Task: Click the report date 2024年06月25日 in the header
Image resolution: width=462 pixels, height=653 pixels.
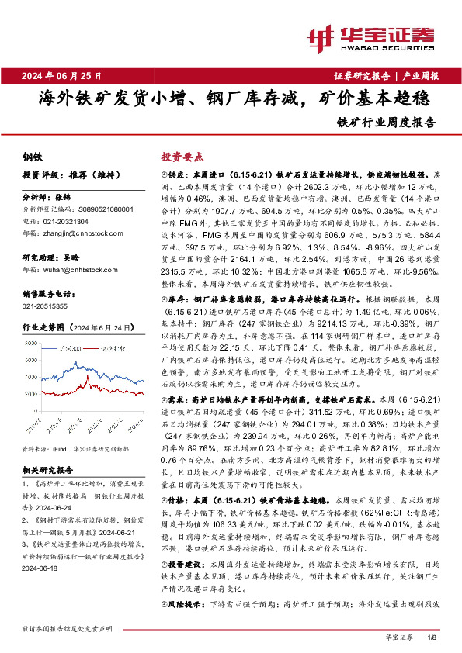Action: (x=68, y=76)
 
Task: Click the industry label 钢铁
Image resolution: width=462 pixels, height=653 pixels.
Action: (x=32, y=157)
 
